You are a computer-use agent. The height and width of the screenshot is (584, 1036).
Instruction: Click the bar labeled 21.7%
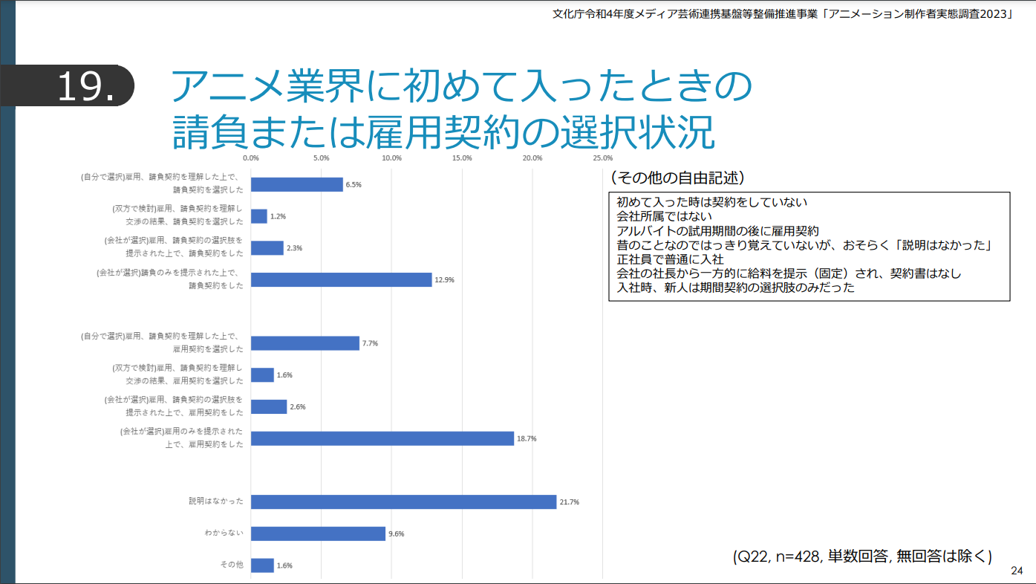403,502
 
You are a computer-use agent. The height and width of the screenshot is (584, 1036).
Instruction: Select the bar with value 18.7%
382,438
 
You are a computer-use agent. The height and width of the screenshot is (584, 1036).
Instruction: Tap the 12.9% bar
341,279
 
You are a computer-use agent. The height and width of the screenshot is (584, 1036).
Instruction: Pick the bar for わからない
318,533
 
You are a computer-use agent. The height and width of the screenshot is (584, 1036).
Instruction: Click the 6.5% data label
354,185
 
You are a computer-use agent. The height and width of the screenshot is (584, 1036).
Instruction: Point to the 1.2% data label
278,216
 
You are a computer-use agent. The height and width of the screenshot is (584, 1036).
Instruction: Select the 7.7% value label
370,343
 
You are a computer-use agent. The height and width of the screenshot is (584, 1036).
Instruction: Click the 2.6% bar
269,406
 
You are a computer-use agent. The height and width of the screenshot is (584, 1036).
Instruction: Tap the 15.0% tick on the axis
462,158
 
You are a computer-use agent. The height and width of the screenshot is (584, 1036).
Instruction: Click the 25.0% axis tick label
602,158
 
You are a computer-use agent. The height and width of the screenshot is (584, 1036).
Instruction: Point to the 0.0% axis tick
251,158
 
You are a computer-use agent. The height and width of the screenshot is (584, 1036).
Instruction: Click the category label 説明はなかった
215,502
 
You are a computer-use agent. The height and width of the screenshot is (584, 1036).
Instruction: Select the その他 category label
231,565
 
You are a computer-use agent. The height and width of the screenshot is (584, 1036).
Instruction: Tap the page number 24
1017,571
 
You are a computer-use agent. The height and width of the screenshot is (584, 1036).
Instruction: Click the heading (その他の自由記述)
677,178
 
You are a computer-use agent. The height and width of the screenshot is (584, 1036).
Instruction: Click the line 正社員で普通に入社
670,259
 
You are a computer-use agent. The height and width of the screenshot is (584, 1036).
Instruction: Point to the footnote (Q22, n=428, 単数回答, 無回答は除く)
862,557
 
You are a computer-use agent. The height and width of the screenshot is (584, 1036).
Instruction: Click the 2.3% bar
267,248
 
